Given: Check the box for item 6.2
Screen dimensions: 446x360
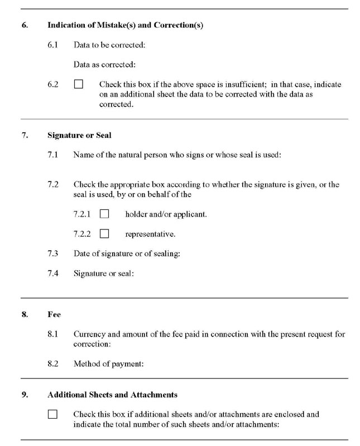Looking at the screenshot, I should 78,85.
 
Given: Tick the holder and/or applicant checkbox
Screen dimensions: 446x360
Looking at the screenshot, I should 104,214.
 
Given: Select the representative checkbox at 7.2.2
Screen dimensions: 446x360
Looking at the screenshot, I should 104,234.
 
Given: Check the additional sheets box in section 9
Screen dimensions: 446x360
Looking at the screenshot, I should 52,415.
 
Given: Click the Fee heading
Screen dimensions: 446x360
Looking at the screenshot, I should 54,315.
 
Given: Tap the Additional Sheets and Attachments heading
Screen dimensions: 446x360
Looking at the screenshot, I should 112,395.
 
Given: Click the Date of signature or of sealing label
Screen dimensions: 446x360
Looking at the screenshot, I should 127,254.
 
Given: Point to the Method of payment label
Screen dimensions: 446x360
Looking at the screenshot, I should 109,364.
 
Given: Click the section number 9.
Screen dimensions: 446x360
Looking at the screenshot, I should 25,395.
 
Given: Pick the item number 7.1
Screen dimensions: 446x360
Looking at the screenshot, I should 53,154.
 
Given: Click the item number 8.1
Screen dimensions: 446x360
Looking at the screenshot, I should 53,334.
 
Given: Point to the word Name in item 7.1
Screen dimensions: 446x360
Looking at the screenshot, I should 84,154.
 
